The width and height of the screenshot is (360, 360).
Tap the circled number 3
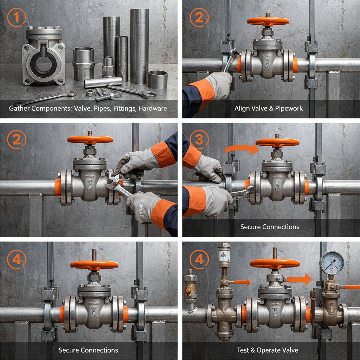[199, 140]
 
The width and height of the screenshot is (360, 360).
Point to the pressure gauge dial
[332, 263]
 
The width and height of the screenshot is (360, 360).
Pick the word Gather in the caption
[20, 109]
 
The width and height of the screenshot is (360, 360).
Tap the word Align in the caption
[243, 108]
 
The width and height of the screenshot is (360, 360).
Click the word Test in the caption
[244, 350]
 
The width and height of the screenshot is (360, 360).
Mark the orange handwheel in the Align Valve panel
[268, 21]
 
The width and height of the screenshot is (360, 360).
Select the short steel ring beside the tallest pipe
[157, 79]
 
